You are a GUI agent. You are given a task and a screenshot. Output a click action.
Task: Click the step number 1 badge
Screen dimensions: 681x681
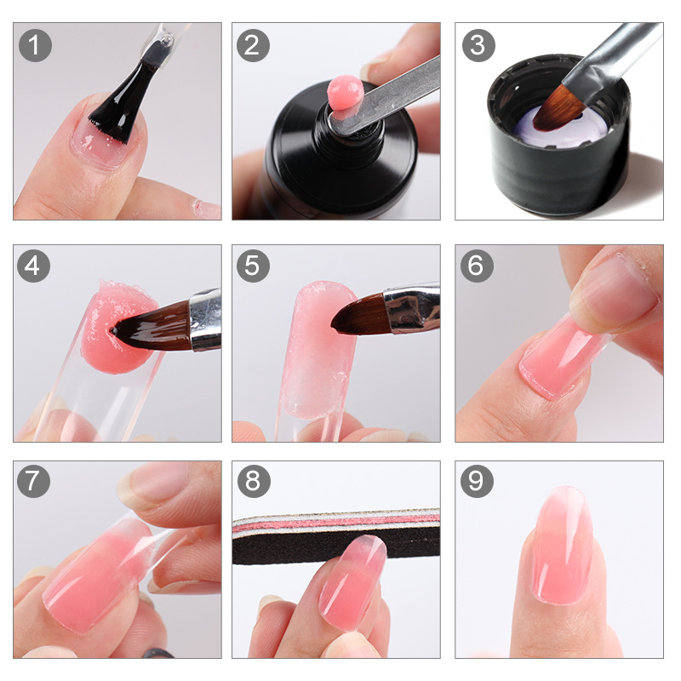[34, 45]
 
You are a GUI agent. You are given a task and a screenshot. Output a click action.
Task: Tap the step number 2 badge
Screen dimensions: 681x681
[252, 45]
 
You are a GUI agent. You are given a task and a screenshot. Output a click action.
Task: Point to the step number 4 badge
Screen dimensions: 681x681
[34, 266]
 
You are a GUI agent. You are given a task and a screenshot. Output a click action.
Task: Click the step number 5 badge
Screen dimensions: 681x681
[252, 266]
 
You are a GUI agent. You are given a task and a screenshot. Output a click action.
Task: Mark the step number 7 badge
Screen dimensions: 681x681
[34, 482]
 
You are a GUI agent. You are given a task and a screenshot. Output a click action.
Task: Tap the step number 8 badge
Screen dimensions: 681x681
[252, 482]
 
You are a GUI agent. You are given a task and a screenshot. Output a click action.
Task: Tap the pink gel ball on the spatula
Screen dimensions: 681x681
[345, 91]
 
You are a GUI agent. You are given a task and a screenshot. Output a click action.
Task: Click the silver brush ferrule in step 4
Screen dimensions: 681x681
[205, 319]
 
